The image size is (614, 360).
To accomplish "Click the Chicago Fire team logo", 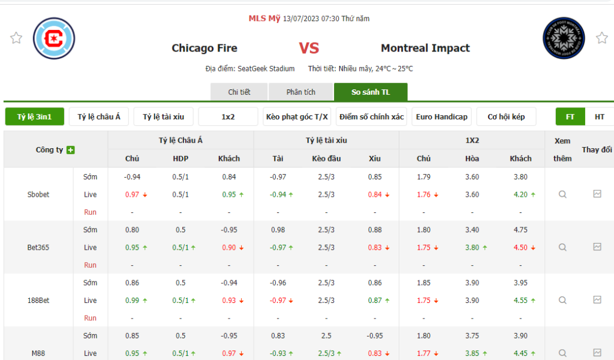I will (x=54, y=38).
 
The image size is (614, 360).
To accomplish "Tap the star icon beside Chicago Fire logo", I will (x=16, y=38).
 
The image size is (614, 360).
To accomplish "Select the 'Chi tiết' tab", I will (x=239, y=92).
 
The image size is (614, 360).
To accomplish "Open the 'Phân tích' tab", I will (x=300, y=92).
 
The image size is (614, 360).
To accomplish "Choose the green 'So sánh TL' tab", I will (x=371, y=92).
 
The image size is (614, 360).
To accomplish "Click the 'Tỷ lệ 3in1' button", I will (x=34, y=116).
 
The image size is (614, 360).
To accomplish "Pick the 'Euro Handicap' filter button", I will (x=441, y=116).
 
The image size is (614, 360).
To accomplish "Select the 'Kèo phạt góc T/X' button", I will (x=297, y=116).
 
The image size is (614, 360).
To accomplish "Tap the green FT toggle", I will (x=570, y=116).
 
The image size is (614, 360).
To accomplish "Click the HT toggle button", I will (x=599, y=116).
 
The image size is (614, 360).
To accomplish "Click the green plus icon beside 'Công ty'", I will (x=71, y=150).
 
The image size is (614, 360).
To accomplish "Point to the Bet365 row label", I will (x=38, y=247).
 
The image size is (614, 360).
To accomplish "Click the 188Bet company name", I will (x=38, y=300).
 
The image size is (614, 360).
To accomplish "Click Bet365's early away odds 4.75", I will (x=520, y=229).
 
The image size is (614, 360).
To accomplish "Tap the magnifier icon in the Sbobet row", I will (x=562, y=194).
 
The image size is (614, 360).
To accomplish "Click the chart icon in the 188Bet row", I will (x=597, y=299).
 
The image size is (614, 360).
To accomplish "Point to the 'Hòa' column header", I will (x=472, y=158).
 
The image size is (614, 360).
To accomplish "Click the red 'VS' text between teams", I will (x=309, y=48).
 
